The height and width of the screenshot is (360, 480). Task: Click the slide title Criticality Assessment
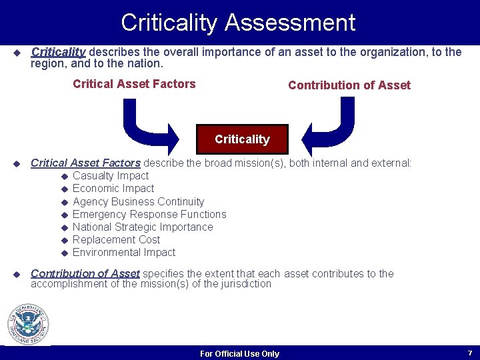tap(238, 23)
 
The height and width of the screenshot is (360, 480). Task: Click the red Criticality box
tap(242, 139)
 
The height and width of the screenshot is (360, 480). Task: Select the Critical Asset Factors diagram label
tap(134, 84)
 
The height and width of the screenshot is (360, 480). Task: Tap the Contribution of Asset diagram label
tap(349, 85)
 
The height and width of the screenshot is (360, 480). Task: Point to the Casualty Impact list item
tap(111, 176)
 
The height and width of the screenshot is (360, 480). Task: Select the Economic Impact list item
tap(113, 189)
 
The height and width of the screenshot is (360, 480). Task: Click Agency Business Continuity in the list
tap(138, 201)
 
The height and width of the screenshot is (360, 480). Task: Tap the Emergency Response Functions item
tap(149, 214)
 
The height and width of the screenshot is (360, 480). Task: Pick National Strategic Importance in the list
tap(143, 227)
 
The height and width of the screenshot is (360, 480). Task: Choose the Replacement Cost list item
tap(116, 239)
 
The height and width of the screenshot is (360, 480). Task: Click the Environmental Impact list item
tap(124, 252)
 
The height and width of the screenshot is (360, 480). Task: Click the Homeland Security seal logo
tap(28, 325)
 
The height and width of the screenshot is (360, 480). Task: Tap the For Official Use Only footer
tap(239, 354)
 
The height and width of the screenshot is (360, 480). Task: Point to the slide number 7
tap(470, 353)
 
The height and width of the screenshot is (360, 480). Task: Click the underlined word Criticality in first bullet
tap(59, 52)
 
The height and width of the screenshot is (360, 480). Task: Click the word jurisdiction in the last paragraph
tap(246, 284)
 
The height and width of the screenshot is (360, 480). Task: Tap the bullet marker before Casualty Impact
tap(65, 177)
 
